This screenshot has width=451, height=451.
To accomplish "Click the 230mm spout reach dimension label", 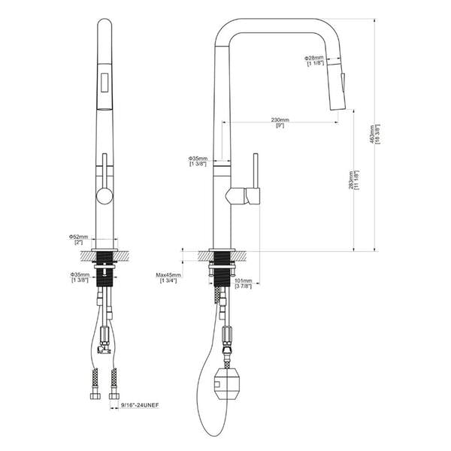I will (x=280, y=120).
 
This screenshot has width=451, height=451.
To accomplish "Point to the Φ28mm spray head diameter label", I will (x=313, y=57).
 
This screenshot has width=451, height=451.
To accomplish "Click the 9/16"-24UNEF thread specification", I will (x=141, y=405).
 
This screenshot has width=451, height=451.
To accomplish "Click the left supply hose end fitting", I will (x=95, y=394).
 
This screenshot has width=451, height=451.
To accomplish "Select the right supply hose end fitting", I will (x=114, y=394).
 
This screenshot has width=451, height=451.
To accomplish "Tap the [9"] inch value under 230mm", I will (x=280, y=126).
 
